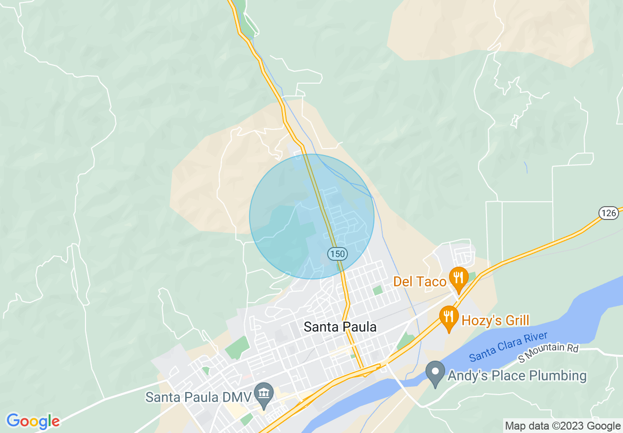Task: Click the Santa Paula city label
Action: (x=340, y=327)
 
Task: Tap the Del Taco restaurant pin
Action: (x=458, y=278)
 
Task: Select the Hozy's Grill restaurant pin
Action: (x=448, y=317)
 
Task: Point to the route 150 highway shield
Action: (x=338, y=254)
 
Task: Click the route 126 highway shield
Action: (x=608, y=213)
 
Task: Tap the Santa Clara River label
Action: (x=508, y=346)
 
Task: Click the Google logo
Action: (x=33, y=421)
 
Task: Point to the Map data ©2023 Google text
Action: (x=563, y=426)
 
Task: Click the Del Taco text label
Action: (x=420, y=282)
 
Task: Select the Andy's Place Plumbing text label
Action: (x=517, y=376)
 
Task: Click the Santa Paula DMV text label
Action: (x=198, y=397)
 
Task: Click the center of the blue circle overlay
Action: (x=311, y=216)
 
